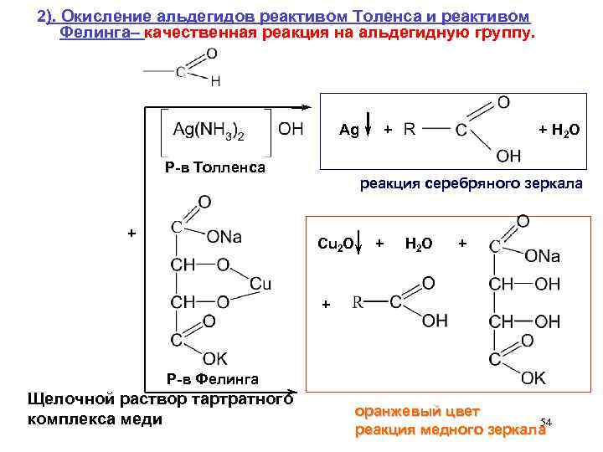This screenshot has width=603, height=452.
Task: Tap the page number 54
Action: click(546, 421)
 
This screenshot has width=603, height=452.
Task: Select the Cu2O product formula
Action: click(337, 243)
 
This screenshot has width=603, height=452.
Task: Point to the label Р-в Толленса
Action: click(215, 167)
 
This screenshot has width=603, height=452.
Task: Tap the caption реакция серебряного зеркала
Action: click(471, 183)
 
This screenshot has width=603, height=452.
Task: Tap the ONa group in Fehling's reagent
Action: click(224, 237)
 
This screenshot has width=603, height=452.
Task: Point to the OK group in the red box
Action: click(533, 378)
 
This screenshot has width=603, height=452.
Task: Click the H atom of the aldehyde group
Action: click(215, 81)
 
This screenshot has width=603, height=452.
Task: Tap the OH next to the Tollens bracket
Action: click(290, 130)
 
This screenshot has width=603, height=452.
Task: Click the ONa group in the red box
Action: click(543, 256)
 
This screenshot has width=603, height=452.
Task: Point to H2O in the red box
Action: click(418, 243)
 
